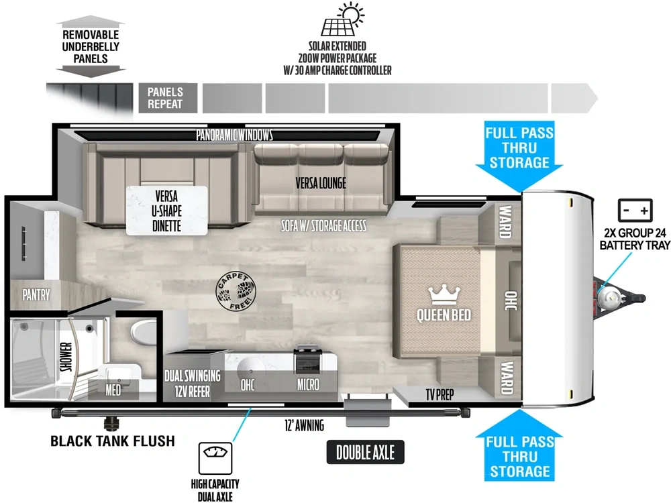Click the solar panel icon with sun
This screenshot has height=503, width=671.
tap(342, 19)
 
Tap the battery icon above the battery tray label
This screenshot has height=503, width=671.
tap(635, 210)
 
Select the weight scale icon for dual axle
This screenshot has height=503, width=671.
tap(215, 458)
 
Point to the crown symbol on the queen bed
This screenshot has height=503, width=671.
tap(444, 295)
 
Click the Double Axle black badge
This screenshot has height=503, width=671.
tap(365, 452)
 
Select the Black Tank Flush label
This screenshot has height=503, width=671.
tap(113, 441)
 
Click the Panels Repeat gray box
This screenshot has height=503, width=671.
tap(168, 98)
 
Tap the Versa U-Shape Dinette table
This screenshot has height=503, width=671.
tap(166, 211)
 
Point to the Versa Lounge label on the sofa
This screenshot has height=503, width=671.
tap(321, 183)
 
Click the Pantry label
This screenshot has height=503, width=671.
tap(36, 294)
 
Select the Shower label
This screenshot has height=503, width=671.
tap(66, 357)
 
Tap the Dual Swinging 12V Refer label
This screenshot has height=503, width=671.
tap(193, 384)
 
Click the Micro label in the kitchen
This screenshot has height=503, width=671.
tap(308, 384)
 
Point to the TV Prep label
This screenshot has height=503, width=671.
tap(440, 394)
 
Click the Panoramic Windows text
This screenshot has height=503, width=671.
tap(234, 135)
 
